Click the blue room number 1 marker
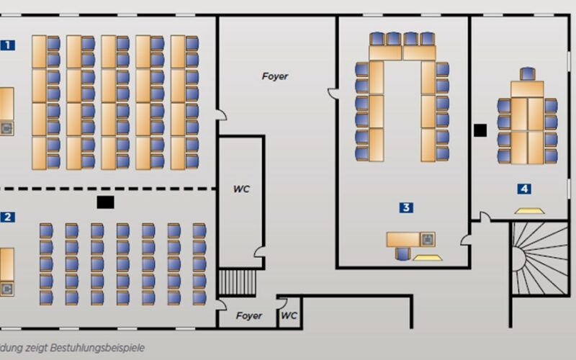point(8,45)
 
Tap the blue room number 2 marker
point(8,217)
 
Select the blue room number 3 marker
point(407,207)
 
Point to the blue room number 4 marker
point(525,189)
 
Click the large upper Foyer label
point(275,76)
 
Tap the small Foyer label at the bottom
point(250,316)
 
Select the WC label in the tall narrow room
point(241,189)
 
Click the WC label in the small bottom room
point(289,315)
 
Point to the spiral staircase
point(540,258)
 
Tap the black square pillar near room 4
point(480,130)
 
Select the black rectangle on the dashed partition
point(106,202)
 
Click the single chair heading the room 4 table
point(528,73)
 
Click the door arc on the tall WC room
point(258,251)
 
